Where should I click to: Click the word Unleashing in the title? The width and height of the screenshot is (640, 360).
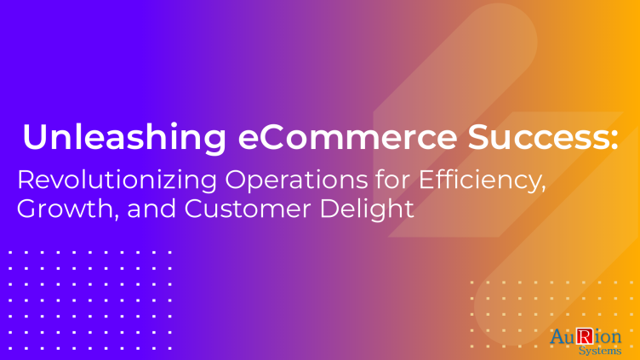[124, 138]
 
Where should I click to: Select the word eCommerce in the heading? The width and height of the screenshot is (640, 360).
[347, 137]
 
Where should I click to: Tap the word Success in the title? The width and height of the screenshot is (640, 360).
[538, 137]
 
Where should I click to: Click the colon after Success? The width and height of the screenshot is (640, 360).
[614, 140]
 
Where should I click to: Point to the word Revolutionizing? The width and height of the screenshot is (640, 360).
[117, 180]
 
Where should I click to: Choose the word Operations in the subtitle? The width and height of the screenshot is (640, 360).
[297, 180]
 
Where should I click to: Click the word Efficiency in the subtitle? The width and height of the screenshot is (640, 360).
[479, 180]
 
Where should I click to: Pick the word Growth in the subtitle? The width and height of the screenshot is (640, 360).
[66, 209]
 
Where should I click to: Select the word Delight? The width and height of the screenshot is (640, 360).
[367, 209]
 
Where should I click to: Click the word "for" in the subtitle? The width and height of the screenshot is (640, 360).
[393, 180]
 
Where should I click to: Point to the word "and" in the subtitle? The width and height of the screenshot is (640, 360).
[151, 209]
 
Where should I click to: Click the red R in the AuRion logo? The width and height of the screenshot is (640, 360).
[585, 336]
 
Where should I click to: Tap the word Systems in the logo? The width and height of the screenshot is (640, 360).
[600, 350]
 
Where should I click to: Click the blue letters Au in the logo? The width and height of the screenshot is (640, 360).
[563, 337]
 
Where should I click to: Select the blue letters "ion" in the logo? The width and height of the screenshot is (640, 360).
[608, 337]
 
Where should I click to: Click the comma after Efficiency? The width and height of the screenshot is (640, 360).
[543, 190]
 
